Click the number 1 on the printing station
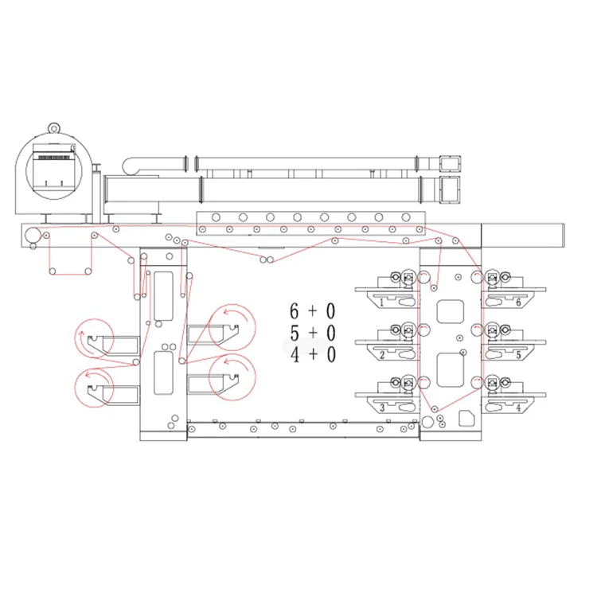(x=382, y=303)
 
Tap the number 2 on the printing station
(x=382, y=355)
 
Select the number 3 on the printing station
(x=382, y=408)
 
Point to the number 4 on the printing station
(x=518, y=408)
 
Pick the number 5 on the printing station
(x=518, y=355)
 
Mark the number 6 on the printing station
(x=518, y=303)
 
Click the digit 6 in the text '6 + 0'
(x=295, y=310)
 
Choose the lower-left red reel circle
(x=94, y=388)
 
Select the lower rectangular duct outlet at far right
(x=451, y=191)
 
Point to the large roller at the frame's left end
(x=33, y=235)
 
